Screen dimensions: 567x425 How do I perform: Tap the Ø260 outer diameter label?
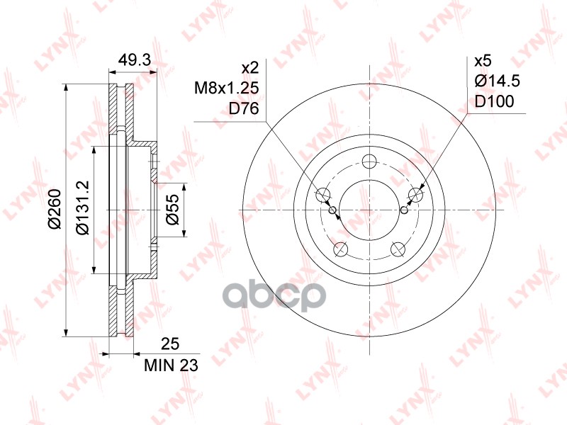click(x=55, y=209)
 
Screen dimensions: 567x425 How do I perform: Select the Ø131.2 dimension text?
click(x=82, y=208)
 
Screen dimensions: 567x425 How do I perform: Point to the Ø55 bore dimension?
click(x=172, y=210)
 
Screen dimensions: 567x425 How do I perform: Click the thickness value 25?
click(x=170, y=344)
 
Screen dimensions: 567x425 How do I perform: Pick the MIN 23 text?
click(x=171, y=365)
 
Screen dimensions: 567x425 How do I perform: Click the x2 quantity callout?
click(x=250, y=67)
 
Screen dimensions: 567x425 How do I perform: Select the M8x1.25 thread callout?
click(x=227, y=88)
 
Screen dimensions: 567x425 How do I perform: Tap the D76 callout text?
click(x=244, y=108)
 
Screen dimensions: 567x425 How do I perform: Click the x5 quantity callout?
click(x=483, y=61)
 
